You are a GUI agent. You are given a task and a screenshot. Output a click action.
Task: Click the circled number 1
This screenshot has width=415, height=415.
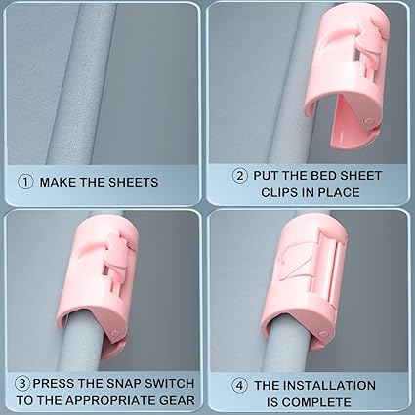25,182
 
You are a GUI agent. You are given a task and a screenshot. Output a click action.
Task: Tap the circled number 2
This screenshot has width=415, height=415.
240,176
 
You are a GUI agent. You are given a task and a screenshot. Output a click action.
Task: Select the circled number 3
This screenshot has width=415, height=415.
22,383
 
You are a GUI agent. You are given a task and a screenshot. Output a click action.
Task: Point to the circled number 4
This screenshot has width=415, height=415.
239,386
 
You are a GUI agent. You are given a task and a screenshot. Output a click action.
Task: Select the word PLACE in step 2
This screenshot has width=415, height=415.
339,192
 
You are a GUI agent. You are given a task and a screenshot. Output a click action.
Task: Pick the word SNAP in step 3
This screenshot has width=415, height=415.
125,383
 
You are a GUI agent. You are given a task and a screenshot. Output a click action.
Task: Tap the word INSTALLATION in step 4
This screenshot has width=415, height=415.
329,386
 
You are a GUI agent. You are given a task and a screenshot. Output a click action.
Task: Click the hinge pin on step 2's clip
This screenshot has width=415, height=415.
368,121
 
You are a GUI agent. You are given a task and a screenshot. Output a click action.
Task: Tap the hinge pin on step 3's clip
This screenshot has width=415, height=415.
114,333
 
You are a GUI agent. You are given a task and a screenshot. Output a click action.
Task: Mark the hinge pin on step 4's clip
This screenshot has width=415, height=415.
323,334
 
